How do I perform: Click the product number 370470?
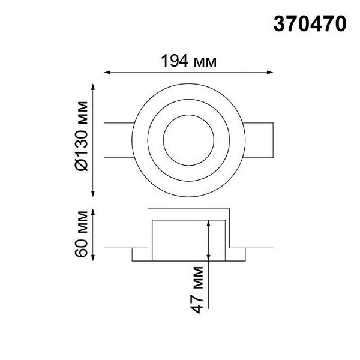[310, 24]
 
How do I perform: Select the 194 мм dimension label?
[189, 61]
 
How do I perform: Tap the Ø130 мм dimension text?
[82, 136]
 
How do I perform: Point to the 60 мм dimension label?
[81, 234]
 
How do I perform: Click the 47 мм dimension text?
[197, 290]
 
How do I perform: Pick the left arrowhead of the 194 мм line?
[107, 73]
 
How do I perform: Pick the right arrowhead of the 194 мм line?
[270, 73]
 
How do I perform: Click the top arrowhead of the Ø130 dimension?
[93, 87]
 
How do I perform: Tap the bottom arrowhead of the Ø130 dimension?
[93, 194]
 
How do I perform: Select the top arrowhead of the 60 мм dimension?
[93, 212]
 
